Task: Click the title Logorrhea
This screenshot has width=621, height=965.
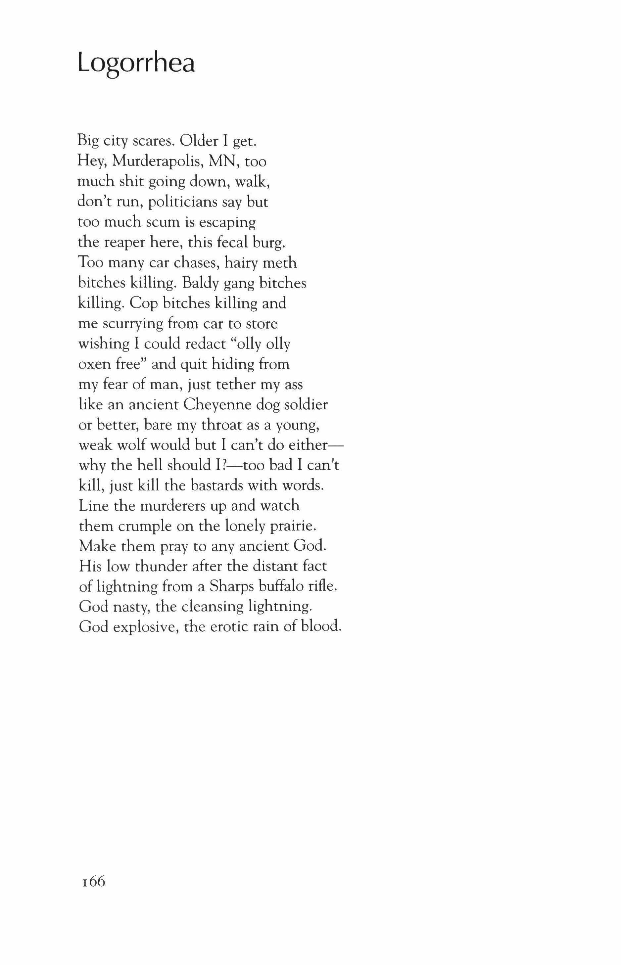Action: pyautogui.click(x=136, y=63)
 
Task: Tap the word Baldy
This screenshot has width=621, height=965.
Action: pyautogui.click(x=197, y=283)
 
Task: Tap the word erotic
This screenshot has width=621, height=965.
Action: pyautogui.click(x=227, y=627)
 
